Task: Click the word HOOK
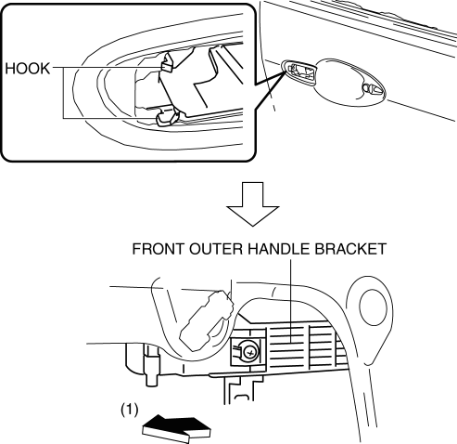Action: (28, 69)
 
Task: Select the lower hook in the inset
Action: (168, 118)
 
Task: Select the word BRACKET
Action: (350, 249)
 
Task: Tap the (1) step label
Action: (130, 410)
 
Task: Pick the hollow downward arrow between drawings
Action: (253, 204)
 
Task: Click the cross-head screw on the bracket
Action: (249, 352)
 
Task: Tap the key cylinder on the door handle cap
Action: (373, 89)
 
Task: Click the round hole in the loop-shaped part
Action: (374, 306)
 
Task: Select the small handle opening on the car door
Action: (299, 72)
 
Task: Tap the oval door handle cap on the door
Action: (349, 82)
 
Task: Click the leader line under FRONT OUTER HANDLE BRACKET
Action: (291, 301)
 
